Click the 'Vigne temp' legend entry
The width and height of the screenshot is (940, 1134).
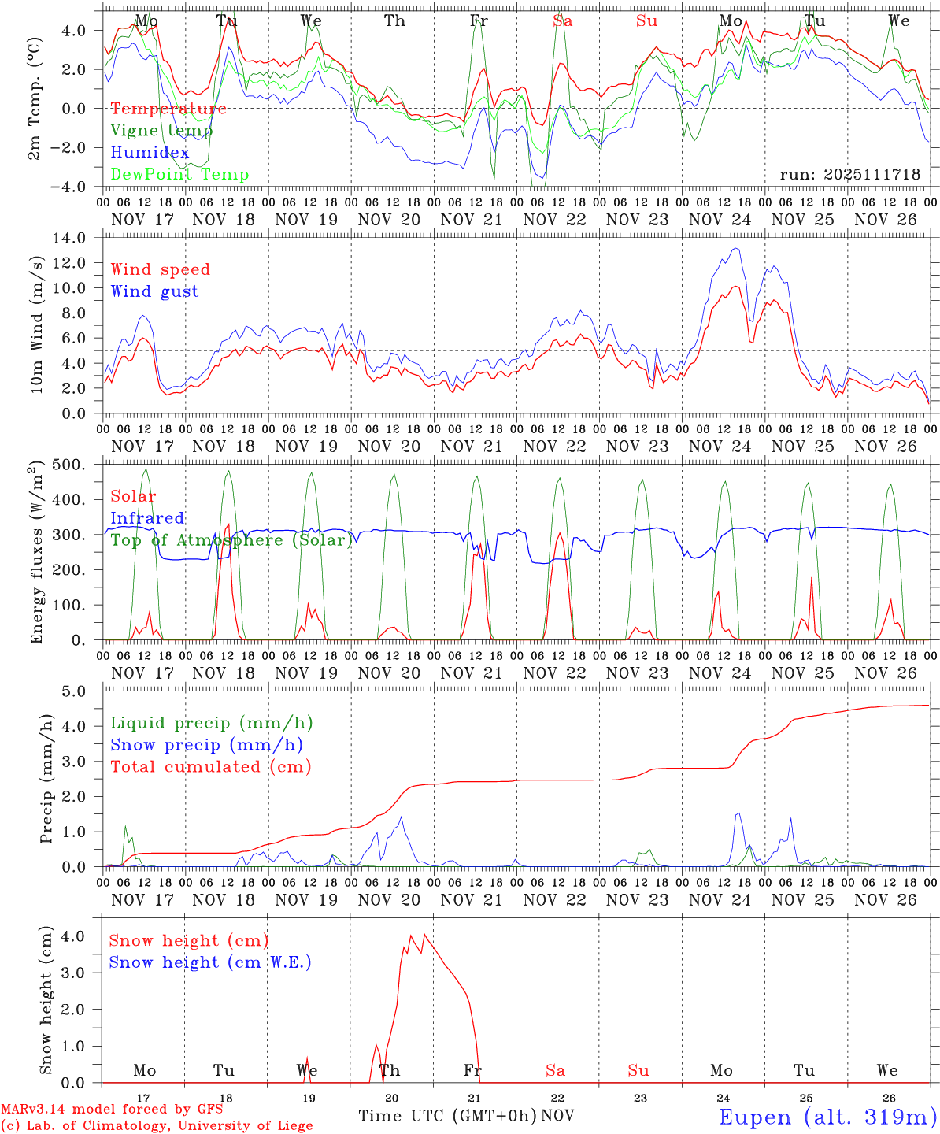(161, 131)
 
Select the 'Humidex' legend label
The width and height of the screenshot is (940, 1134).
(150, 153)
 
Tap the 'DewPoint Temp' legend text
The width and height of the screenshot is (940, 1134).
(179, 175)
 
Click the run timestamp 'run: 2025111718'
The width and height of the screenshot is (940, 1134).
(849, 175)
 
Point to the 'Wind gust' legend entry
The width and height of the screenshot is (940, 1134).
(154, 291)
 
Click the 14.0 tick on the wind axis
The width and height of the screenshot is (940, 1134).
(79, 238)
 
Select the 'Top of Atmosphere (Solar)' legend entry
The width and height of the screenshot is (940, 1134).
(231, 540)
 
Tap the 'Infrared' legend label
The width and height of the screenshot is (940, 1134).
(147, 518)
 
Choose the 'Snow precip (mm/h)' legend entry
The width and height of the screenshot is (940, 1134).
(206, 745)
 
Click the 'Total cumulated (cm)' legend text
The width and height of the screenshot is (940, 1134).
(210, 767)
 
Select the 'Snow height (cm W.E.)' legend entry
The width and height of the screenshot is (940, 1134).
(209, 962)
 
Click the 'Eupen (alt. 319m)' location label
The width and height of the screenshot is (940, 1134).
(827, 1117)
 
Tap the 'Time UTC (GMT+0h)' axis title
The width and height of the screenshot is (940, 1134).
(447, 1116)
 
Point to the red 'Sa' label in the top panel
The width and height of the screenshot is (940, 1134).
(562, 21)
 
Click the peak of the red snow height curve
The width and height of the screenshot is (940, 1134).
(425, 935)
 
